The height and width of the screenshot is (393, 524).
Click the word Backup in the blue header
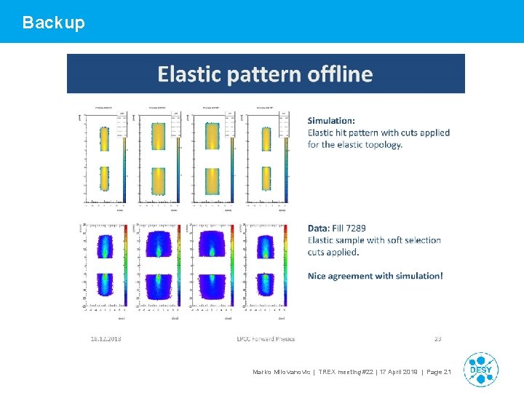click(53, 23)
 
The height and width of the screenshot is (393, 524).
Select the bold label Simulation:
click(332, 120)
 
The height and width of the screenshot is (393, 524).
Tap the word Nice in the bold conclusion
click(319, 276)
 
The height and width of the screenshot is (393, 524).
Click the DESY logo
click(480, 369)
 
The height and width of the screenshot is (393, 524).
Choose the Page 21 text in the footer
click(438, 373)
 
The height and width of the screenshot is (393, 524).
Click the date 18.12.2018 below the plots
click(106, 338)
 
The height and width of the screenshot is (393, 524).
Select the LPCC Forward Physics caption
click(266, 338)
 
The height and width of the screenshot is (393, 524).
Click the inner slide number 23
click(437, 338)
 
